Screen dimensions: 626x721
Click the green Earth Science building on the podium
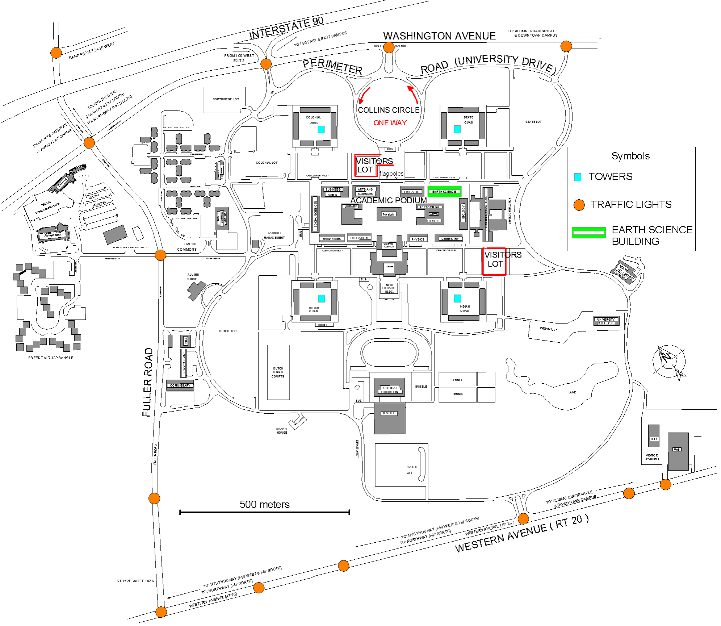pos(444,192)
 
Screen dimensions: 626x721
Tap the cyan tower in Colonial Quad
pos(321,129)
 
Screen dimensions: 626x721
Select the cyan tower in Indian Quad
pos(457,298)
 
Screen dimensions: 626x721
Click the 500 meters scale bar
pos(264,512)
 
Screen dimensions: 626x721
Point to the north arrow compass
pos(669,361)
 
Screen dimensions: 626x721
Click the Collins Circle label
pos(389,110)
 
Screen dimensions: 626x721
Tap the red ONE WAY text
pos(390,123)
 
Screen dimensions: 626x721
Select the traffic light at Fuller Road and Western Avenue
pos(161,612)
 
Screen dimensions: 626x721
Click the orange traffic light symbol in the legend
pos(579,205)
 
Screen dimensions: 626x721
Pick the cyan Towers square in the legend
pos(578,177)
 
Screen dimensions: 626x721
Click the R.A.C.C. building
pos(390,420)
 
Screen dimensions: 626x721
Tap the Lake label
pos(572,392)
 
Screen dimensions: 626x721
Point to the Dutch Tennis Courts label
pos(278,372)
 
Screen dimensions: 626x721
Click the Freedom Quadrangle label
pos(51,358)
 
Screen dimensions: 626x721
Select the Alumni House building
pos(196,290)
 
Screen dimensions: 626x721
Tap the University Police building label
pos(606,321)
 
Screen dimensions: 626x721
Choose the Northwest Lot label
pos(226,99)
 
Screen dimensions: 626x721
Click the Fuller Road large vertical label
pos(147,382)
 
